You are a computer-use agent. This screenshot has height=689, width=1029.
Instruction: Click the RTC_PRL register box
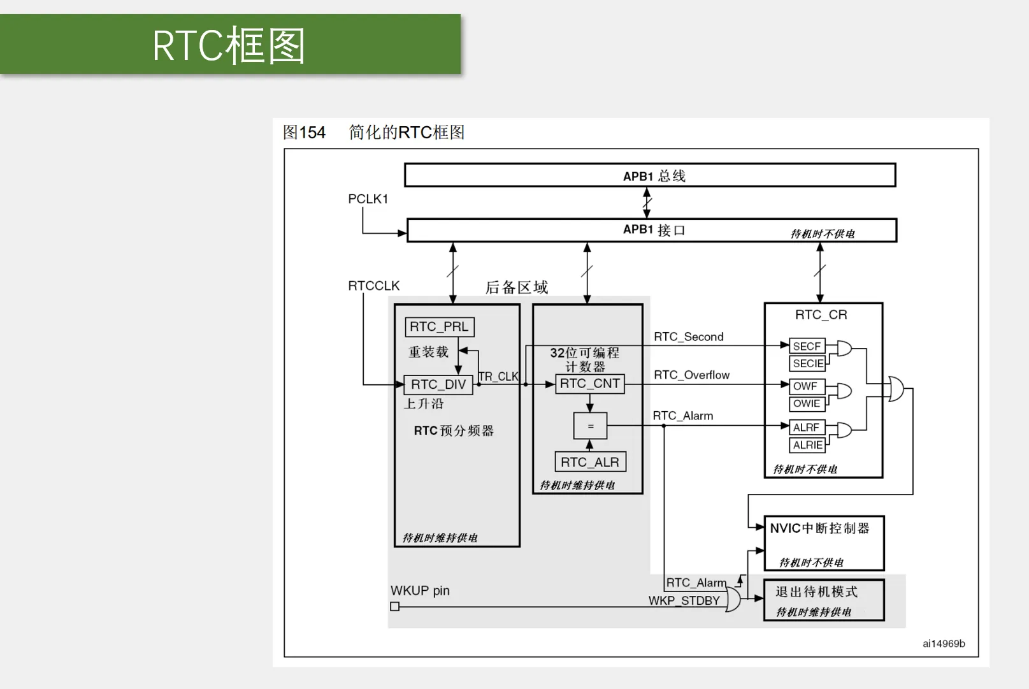point(440,327)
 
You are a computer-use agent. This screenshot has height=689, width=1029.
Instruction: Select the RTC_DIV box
point(438,384)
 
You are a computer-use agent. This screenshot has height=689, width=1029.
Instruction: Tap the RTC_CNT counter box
point(590,383)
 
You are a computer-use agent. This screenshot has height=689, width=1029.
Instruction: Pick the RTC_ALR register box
point(590,462)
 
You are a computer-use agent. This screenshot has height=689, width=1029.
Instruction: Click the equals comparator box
point(590,426)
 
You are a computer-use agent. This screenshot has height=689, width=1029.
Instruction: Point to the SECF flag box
point(807,345)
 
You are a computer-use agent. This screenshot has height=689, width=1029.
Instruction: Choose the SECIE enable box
point(807,363)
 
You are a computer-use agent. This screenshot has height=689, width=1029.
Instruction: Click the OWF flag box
point(807,386)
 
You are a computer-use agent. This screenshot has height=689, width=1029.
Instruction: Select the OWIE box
point(807,403)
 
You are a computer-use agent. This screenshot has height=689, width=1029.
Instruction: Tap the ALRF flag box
point(807,428)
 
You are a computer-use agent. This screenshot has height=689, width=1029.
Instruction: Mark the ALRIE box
point(807,445)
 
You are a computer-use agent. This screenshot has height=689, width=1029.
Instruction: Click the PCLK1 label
point(368,199)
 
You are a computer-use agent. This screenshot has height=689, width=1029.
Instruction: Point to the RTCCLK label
point(374,286)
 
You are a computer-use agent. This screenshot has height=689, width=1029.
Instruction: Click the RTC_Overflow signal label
point(691,375)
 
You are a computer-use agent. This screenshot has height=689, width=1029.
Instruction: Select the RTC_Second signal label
point(689,337)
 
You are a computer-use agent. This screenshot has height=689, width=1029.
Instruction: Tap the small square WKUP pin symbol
point(394,606)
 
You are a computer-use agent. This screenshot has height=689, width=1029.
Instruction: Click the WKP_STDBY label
point(684,601)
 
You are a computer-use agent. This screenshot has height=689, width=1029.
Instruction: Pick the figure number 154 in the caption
point(312,133)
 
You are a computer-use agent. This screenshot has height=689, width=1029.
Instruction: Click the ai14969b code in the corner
point(944,644)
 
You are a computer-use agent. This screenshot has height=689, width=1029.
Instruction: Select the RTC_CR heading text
point(821,315)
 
